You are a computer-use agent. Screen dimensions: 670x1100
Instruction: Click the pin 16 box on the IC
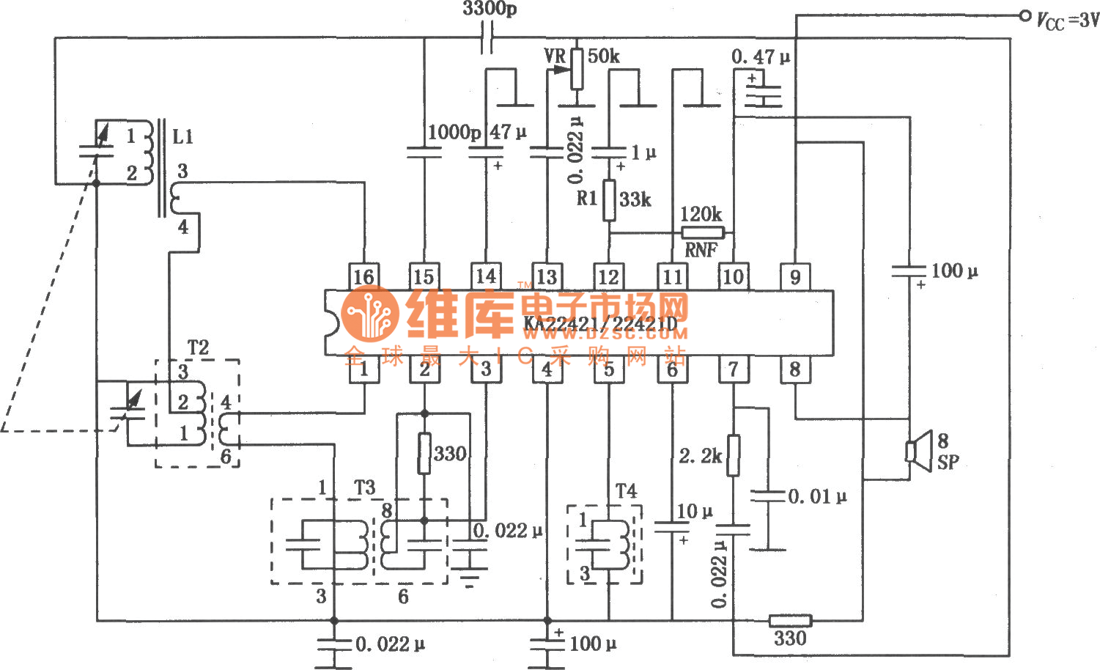click(x=364, y=276)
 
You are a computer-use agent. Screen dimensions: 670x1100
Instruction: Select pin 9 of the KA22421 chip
click(x=795, y=276)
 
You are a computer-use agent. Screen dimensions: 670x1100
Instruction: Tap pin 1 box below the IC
click(x=364, y=369)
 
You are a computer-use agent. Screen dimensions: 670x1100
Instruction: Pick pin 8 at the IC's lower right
click(x=795, y=369)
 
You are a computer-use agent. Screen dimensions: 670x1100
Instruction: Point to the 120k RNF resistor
click(x=702, y=232)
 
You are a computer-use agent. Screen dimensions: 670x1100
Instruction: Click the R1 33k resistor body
click(x=609, y=199)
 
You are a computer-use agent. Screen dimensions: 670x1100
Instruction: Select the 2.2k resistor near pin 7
click(x=733, y=455)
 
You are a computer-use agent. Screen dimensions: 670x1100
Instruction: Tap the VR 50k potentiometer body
click(x=577, y=68)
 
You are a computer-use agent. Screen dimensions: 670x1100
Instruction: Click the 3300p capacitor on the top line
click(x=487, y=37)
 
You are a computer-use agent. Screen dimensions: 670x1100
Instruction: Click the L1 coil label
click(x=182, y=136)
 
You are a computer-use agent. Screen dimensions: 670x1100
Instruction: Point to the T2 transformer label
click(x=198, y=347)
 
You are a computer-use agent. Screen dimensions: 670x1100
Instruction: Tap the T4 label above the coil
click(x=626, y=491)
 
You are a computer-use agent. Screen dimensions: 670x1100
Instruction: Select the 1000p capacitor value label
click(x=454, y=132)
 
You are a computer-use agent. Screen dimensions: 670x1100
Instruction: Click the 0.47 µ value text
click(x=761, y=56)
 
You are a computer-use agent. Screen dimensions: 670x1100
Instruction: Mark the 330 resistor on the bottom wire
click(x=789, y=621)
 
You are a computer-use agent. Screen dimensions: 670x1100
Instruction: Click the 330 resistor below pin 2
click(x=424, y=453)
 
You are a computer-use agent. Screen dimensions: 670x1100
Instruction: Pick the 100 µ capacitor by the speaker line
click(x=909, y=271)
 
